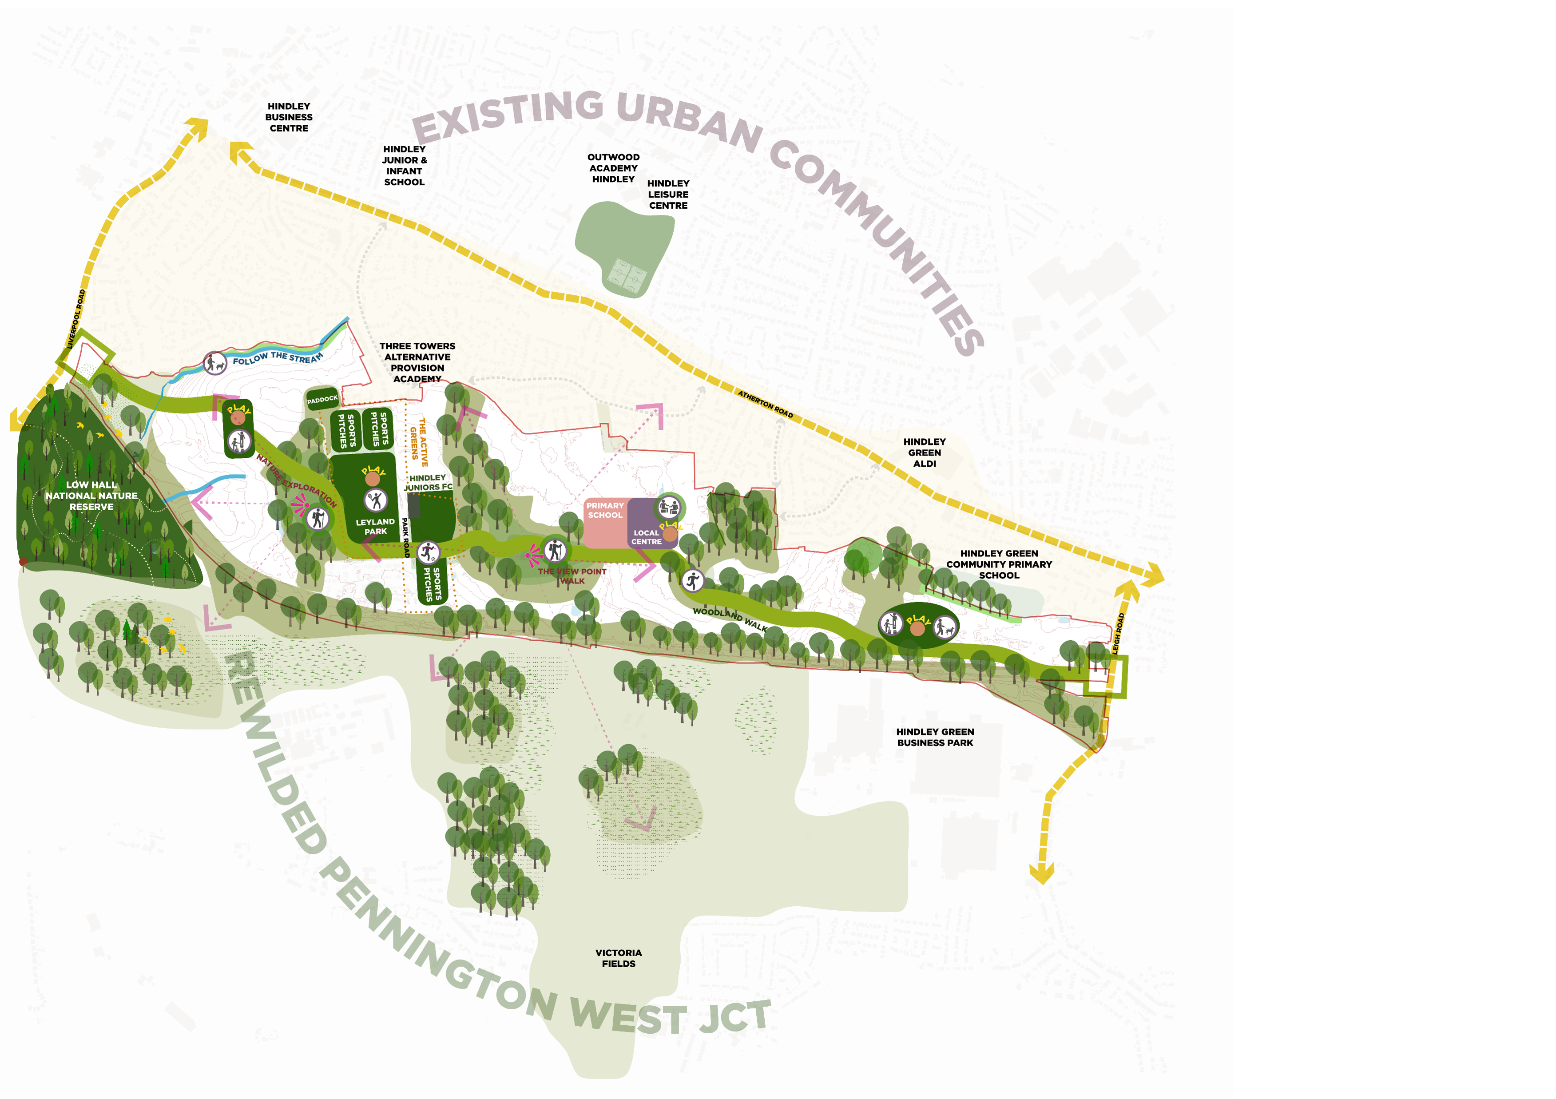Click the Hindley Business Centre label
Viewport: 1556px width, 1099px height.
point(289,117)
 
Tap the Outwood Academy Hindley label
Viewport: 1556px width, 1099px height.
point(613,168)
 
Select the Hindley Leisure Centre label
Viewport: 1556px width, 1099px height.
point(668,194)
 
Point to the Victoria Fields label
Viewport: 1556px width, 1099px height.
point(618,958)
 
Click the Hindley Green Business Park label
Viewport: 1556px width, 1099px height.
point(935,737)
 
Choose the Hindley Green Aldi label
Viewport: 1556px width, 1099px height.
point(925,452)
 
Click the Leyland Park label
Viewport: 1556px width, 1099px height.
point(375,527)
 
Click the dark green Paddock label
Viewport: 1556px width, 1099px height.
point(322,400)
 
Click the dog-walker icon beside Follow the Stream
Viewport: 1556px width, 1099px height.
point(215,363)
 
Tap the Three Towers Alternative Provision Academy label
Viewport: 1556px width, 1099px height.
point(417,362)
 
